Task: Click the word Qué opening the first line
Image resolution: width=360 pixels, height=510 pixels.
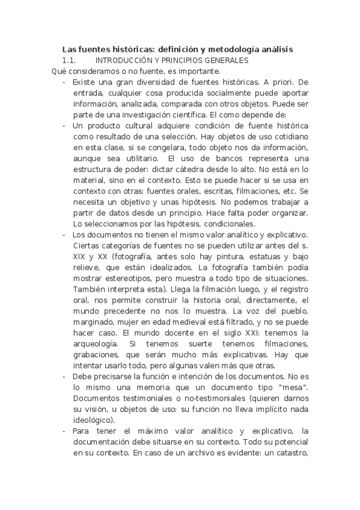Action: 58,71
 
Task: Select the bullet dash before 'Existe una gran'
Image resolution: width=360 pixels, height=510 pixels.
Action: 64,82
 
